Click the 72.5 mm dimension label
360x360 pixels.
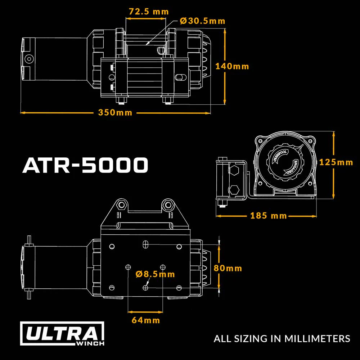149,12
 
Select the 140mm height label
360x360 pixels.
232,67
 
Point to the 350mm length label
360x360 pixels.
115,113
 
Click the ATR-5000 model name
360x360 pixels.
85,165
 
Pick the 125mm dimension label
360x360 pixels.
336,162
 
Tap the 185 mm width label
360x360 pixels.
269,216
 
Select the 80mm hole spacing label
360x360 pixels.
228,268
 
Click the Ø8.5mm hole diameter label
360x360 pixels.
156,274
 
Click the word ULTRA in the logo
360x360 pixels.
62,334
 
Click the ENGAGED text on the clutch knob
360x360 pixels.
292,168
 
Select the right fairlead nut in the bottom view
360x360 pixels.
167,205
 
